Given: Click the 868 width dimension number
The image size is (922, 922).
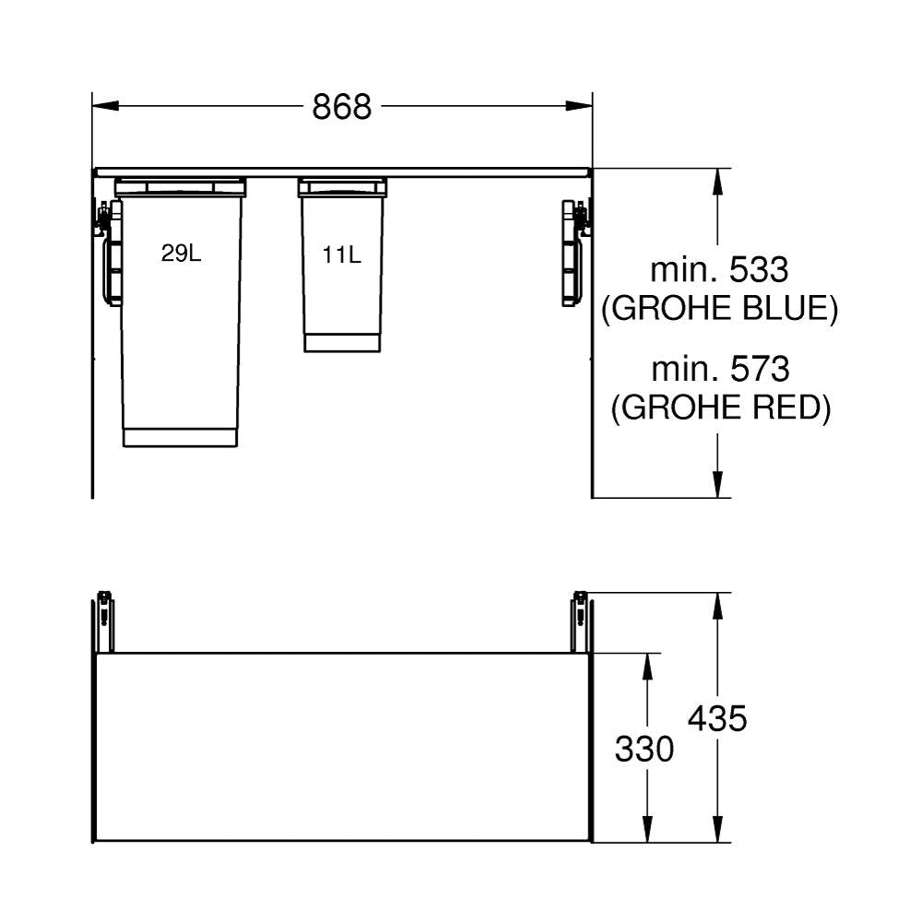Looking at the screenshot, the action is (342, 107).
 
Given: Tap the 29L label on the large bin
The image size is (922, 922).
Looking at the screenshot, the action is (181, 254).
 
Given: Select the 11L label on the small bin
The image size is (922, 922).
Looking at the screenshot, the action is (342, 255).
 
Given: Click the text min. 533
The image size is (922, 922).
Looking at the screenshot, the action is (719, 270).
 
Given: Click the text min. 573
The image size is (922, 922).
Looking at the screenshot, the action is (720, 370).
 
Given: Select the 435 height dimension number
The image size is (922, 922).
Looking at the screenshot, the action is (717, 718).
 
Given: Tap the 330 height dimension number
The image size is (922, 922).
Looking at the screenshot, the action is (644, 749).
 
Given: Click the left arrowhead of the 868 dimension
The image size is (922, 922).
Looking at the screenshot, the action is (106, 106).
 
